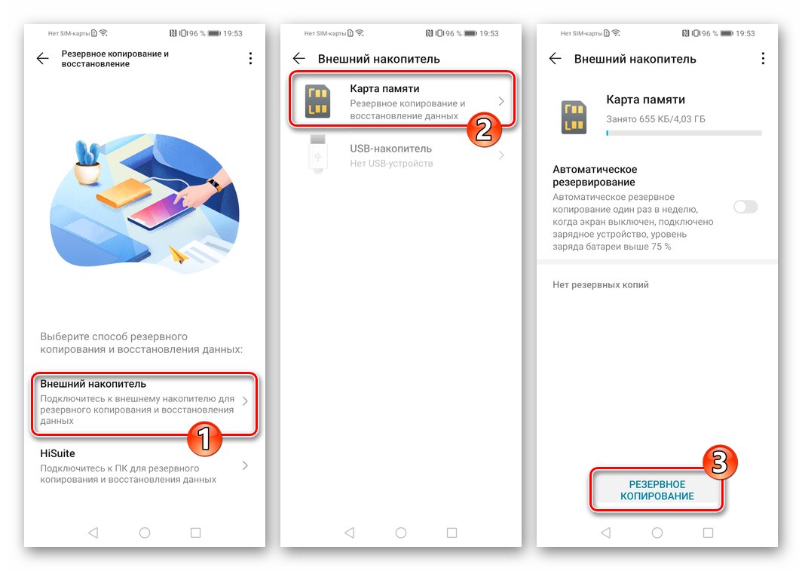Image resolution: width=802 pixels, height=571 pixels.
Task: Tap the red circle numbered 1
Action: point(204,439)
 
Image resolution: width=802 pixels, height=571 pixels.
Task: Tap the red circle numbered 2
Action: point(484,130)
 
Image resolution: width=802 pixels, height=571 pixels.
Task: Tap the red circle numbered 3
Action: point(719,462)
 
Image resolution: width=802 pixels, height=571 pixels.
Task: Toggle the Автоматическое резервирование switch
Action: point(745,207)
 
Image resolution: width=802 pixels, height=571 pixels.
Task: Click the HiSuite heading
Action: point(57,453)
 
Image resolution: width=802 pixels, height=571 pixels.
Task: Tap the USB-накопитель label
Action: point(390,149)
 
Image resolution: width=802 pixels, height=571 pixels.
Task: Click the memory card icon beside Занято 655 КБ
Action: point(574,117)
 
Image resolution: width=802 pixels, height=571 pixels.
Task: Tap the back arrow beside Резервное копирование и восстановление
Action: point(43,58)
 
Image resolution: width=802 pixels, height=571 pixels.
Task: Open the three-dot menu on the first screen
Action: point(250,58)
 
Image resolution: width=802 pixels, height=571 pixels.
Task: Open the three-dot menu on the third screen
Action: point(763,58)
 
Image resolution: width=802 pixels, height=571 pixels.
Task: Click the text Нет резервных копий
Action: point(601,285)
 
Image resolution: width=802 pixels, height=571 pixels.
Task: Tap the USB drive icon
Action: point(317,153)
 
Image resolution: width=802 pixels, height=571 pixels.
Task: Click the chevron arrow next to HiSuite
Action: point(245,465)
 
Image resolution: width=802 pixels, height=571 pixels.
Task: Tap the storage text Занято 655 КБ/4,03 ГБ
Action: point(656,119)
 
